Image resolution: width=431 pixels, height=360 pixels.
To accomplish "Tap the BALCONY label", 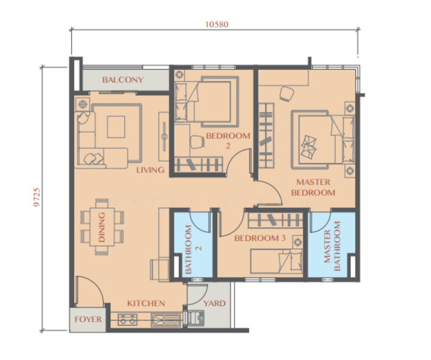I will pos(122,80).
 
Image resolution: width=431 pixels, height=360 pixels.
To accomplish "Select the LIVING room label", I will pos(150,170).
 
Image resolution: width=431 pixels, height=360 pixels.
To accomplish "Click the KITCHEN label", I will pos(146,303).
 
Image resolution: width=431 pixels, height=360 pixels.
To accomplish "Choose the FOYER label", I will pos(88,319).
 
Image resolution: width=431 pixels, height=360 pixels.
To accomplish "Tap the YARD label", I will pos(214,303).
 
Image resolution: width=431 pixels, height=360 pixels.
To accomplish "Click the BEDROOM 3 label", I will pos(260,238).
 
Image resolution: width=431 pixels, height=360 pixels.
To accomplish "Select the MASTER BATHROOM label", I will pos(332,246).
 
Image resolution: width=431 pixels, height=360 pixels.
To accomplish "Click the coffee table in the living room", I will pos(116,126).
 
